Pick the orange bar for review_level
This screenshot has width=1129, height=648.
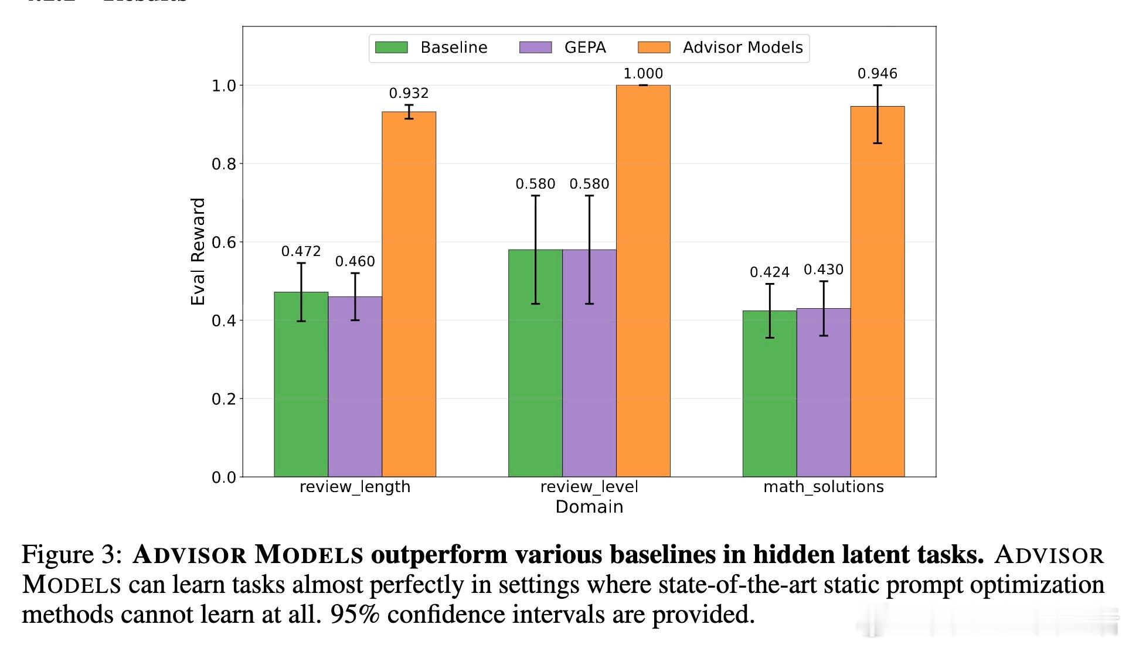click(x=643, y=281)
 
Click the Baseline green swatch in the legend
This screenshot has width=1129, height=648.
click(x=391, y=47)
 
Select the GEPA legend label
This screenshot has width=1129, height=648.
click(x=584, y=47)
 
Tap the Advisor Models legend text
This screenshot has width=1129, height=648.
click(x=742, y=47)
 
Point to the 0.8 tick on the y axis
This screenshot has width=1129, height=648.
click(x=223, y=164)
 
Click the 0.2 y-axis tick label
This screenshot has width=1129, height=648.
click(x=223, y=399)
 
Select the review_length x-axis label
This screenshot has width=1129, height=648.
click(x=355, y=487)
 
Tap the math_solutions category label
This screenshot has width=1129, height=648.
click(x=823, y=487)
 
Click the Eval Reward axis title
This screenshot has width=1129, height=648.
click(x=198, y=251)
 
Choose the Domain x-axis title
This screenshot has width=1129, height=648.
click(x=589, y=507)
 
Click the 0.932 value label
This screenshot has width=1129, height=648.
click(x=409, y=93)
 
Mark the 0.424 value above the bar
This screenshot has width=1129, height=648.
click(x=769, y=272)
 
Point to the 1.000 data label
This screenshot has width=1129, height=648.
click(x=643, y=74)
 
